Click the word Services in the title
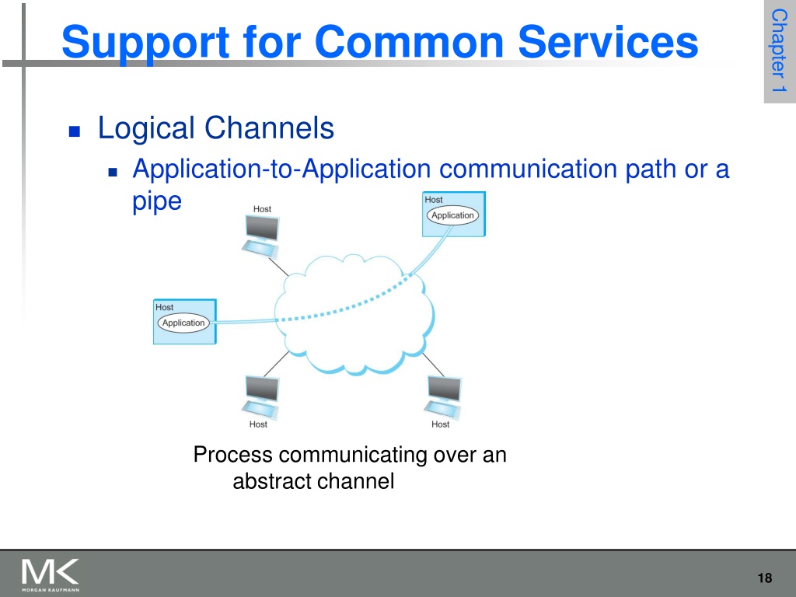[x=608, y=42]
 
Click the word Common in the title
[x=409, y=42]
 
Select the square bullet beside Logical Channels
[x=75, y=131]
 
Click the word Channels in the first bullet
[x=269, y=127]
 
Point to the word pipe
[x=157, y=203]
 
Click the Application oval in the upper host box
[x=452, y=215]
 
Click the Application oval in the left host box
[x=183, y=323]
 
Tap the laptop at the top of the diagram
[x=261, y=236]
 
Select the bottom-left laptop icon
[x=261, y=397]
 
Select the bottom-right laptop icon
[x=443, y=397]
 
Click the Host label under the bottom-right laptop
[x=440, y=424]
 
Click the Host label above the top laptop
[x=262, y=209]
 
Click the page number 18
[x=765, y=578]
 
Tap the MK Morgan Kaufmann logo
[x=51, y=574]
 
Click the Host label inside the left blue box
[x=165, y=307]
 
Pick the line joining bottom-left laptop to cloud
[x=276, y=364]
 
